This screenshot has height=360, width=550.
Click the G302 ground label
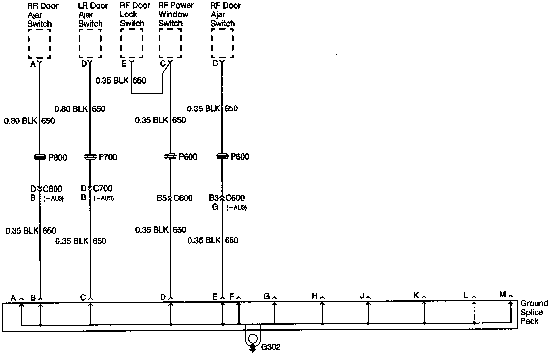tap(271, 347)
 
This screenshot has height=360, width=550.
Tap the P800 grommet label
tap(58, 157)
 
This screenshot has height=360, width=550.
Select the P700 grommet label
tap(108, 157)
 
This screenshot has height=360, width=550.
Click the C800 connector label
tap(53, 189)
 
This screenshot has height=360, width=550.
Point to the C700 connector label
tap(103, 189)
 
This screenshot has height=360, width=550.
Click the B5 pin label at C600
tap(161, 198)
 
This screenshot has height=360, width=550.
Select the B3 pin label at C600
tap(214, 198)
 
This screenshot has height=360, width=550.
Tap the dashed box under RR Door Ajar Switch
tap(40, 44)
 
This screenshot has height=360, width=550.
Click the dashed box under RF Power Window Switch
tap(170, 43)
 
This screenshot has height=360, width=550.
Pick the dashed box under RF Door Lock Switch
tap(132, 43)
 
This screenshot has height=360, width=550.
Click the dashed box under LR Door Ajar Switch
tap(90, 44)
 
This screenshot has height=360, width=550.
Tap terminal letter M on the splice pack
tap(502, 294)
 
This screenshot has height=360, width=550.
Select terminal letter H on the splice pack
tap(315, 296)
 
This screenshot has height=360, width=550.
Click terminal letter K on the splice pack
tap(416, 296)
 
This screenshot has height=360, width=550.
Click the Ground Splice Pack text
tap(534, 312)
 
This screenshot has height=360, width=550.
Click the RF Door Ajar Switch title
tap(225, 15)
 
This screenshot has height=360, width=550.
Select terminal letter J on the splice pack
tap(362, 296)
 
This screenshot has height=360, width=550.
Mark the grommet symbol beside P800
tap(40, 157)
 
